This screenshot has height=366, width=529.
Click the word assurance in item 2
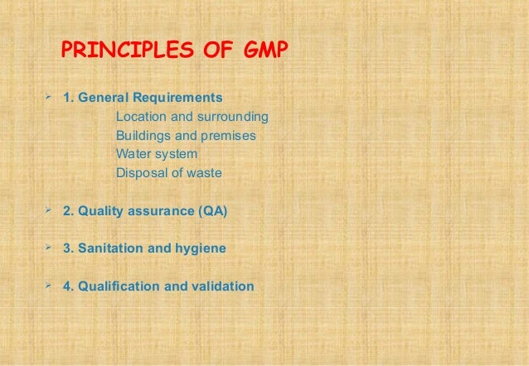(159, 211)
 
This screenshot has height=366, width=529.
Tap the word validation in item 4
(222, 287)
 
